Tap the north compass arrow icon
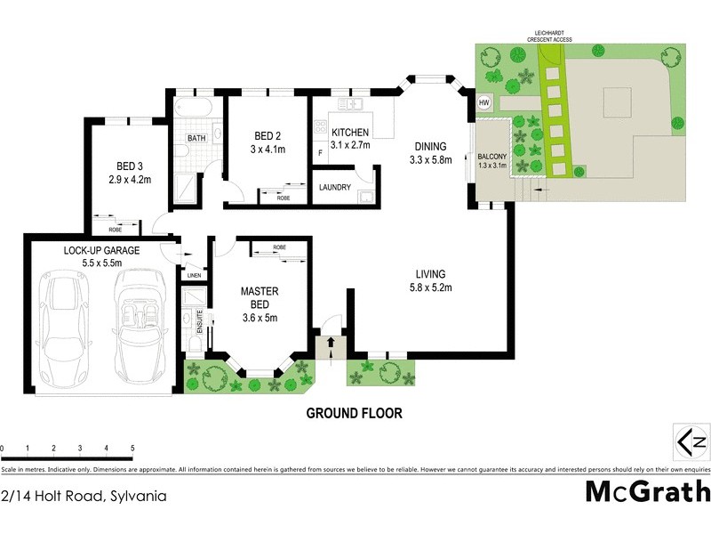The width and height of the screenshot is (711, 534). [691, 441]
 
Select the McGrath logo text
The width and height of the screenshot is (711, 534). [647, 490]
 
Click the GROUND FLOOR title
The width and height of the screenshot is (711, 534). [355, 413]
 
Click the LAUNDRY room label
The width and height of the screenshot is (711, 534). [341, 188]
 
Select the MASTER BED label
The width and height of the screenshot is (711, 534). [260, 297]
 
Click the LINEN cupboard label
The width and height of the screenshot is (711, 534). [193, 275]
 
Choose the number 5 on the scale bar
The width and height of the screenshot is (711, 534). [132, 449]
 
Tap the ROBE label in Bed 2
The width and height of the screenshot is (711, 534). [284, 198]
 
